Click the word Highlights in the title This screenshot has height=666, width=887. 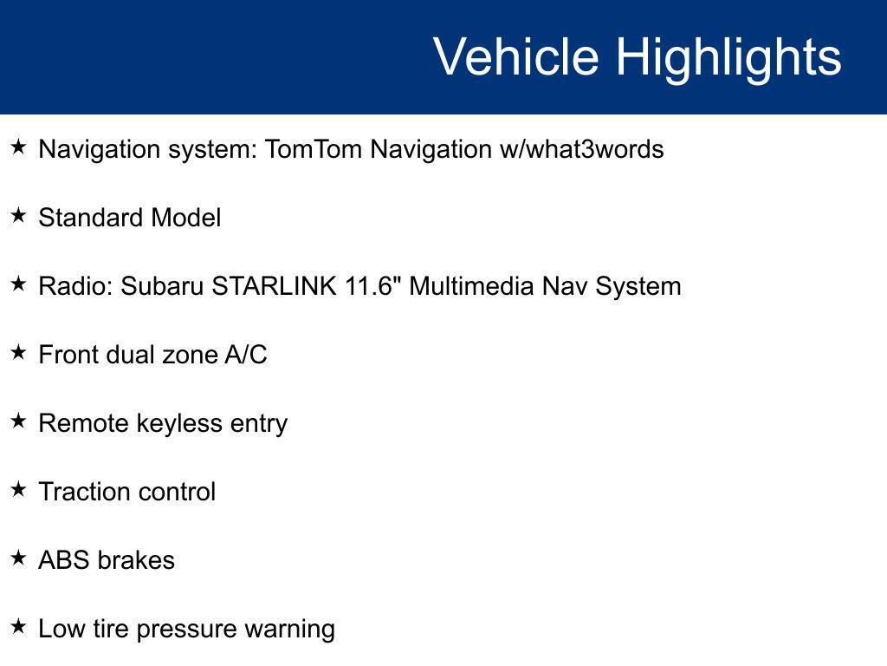[728, 57]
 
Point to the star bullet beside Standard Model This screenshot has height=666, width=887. [18, 216]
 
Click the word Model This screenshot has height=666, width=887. [186, 218]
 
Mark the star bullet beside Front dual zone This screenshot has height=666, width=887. [18, 353]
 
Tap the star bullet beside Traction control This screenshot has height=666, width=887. [18, 490]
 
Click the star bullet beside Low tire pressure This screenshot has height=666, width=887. [18, 627]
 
